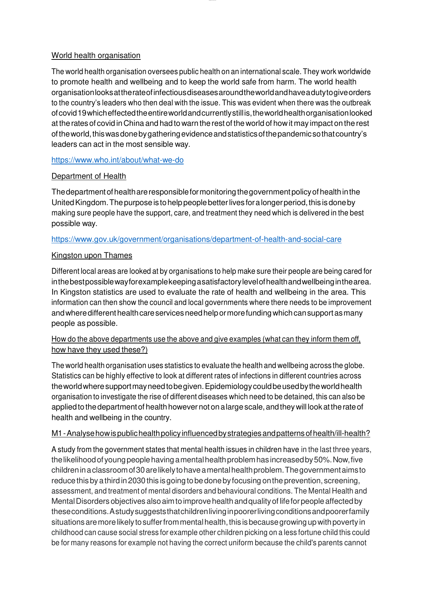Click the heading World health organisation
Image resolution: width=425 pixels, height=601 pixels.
tap(96, 55)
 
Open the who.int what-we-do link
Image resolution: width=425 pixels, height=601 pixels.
tap(117, 160)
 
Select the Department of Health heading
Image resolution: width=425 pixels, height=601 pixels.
tap(89, 176)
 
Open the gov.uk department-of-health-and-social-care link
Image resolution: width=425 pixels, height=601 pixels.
tap(196, 239)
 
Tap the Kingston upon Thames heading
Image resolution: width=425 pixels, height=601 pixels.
tap(92, 255)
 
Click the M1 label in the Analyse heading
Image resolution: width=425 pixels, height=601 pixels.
tap(57, 433)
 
